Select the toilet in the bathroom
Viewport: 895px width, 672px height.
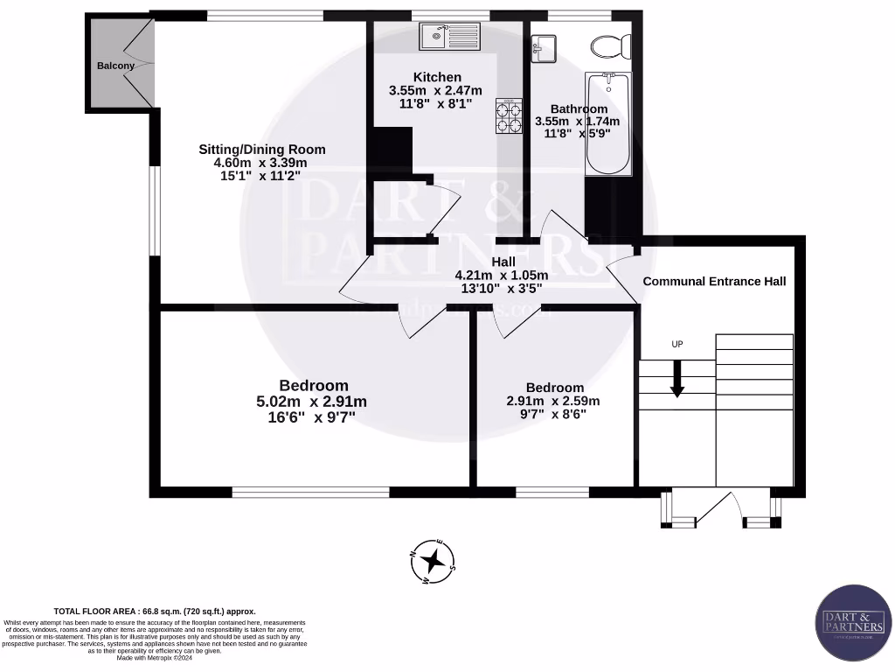[x=604, y=44]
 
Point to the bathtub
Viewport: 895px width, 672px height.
[x=607, y=124]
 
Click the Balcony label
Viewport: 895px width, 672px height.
[x=115, y=66]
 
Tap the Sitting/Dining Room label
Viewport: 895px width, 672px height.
[x=261, y=149]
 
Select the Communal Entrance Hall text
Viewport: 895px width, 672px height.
[x=714, y=281]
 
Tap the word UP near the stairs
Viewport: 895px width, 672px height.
[x=676, y=345]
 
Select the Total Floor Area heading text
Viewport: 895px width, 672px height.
[x=155, y=612]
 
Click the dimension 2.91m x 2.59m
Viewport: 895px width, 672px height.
[x=554, y=402]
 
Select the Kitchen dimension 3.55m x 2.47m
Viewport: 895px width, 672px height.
[x=430, y=90]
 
